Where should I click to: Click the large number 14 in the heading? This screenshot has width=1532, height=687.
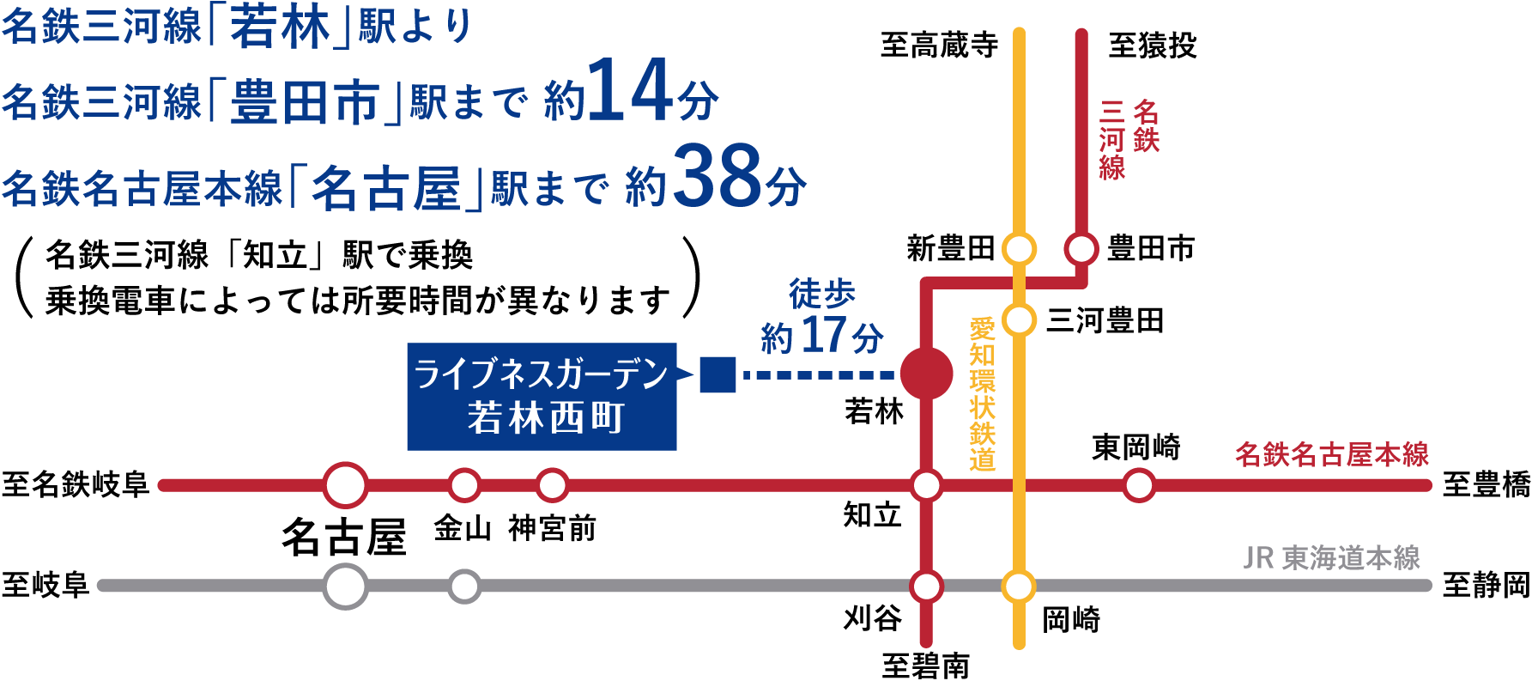[x=630, y=92]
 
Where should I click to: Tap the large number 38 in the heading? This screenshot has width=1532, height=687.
[x=718, y=178]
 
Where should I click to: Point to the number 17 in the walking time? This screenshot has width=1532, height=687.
[x=823, y=336]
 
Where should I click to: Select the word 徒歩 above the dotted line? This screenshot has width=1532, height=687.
[x=822, y=295]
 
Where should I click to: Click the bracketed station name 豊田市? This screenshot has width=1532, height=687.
[x=305, y=103]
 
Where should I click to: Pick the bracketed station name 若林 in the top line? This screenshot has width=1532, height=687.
[x=280, y=27]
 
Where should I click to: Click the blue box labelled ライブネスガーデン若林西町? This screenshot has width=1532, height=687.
[x=542, y=397]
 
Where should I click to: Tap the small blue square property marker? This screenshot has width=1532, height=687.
[x=718, y=374]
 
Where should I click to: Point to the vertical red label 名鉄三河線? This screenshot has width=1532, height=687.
[x=1129, y=139]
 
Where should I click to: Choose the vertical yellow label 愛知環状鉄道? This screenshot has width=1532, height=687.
[x=982, y=394]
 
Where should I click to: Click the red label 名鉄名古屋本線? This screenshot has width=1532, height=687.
[x=1331, y=454]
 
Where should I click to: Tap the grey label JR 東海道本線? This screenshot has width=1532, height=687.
[x=1331, y=558]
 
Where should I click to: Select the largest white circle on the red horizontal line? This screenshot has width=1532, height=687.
[x=346, y=485]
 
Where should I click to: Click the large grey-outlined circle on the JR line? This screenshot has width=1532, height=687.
[x=346, y=587]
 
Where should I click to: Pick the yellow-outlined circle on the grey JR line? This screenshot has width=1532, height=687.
[x=1019, y=587]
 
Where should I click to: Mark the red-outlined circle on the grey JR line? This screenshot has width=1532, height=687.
[x=926, y=587]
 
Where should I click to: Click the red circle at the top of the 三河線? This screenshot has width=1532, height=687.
[x=1081, y=250]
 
